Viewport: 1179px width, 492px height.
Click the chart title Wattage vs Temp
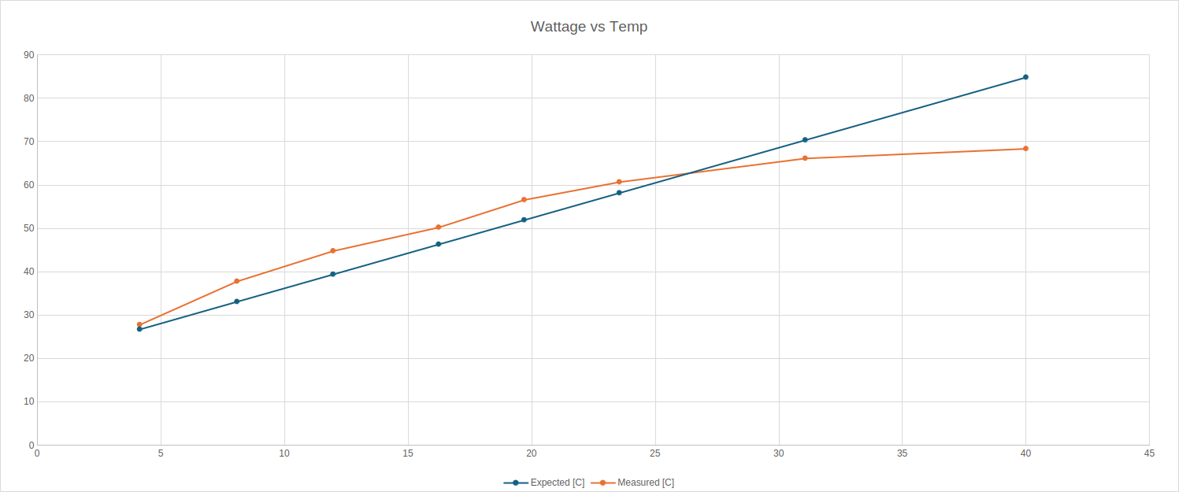point(588,27)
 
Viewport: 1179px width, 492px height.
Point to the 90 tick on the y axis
point(29,55)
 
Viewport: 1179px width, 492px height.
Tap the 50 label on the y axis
point(29,228)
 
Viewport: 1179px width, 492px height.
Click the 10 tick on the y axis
point(29,401)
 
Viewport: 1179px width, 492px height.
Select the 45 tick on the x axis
point(1149,453)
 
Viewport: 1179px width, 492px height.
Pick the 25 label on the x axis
point(655,453)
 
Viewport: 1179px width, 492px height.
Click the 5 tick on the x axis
point(161,453)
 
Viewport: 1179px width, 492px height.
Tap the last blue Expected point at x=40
point(1025,77)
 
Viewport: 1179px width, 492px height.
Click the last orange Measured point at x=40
point(1025,149)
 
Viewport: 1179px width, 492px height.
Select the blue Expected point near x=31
point(805,140)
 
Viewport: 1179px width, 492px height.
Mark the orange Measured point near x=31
point(805,158)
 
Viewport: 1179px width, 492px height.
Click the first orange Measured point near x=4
point(139,324)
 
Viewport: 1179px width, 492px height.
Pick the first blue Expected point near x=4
point(139,329)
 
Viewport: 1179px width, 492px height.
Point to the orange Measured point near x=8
point(236,281)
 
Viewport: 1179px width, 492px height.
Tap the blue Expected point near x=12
point(332,274)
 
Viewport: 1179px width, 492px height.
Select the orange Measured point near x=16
point(439,228)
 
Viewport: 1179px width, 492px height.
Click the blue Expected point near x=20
point(524,220)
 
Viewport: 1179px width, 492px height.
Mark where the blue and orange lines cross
point(690,173)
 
